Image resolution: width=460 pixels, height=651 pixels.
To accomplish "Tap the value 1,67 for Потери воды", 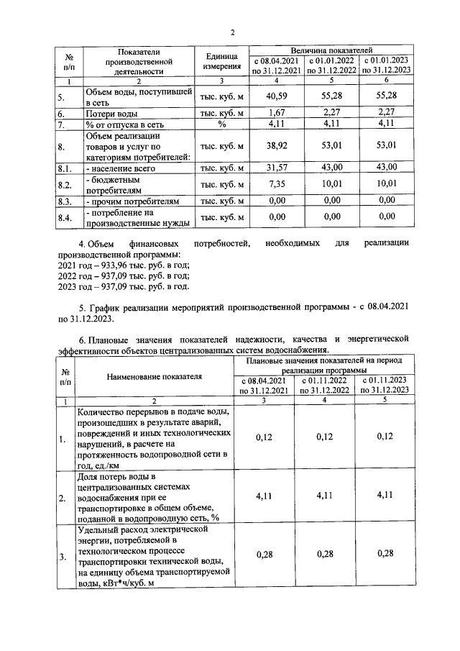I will [276, 112].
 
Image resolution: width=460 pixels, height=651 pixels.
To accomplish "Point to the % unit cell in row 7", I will [222, 124].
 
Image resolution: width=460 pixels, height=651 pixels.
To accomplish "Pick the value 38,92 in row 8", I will [276, 146].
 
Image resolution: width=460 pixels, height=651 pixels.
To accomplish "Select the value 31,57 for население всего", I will [276, 167].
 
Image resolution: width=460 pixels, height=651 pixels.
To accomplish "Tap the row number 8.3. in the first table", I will [67, 201].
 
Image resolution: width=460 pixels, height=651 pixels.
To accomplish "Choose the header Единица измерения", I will [222, 61].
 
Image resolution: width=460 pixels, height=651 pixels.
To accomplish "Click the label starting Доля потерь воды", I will [152, 496].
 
